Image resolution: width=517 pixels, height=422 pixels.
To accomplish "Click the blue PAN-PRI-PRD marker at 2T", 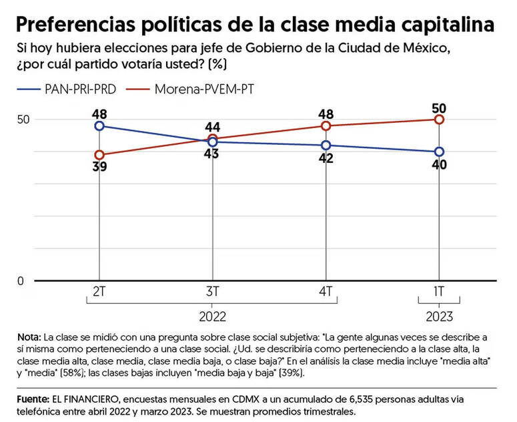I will click(99, 126).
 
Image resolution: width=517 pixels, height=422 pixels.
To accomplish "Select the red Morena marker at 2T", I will click(99, 155).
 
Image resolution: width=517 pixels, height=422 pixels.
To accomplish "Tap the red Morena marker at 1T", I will click(439, 119).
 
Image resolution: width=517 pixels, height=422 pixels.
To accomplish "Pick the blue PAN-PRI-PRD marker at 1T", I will click(439, 152).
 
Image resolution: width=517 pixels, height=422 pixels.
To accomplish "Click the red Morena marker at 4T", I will click(326, 126).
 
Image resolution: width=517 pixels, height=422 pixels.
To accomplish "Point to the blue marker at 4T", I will click(326, 145).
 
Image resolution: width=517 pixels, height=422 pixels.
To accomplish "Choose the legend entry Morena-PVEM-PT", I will click(204, 88).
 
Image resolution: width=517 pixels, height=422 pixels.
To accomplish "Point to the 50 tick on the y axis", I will click(24, 119).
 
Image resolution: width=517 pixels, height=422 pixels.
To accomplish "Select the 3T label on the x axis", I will click(213, 292).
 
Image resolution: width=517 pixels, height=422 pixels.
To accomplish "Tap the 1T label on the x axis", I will click(439, 292).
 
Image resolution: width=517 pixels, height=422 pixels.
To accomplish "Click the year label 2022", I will click(213, 316).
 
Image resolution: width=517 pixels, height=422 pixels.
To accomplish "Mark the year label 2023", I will click(439, 316).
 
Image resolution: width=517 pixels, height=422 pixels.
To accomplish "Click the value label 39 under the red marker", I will click(99, 167).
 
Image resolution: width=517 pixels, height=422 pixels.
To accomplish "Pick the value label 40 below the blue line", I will click(439, 164).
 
